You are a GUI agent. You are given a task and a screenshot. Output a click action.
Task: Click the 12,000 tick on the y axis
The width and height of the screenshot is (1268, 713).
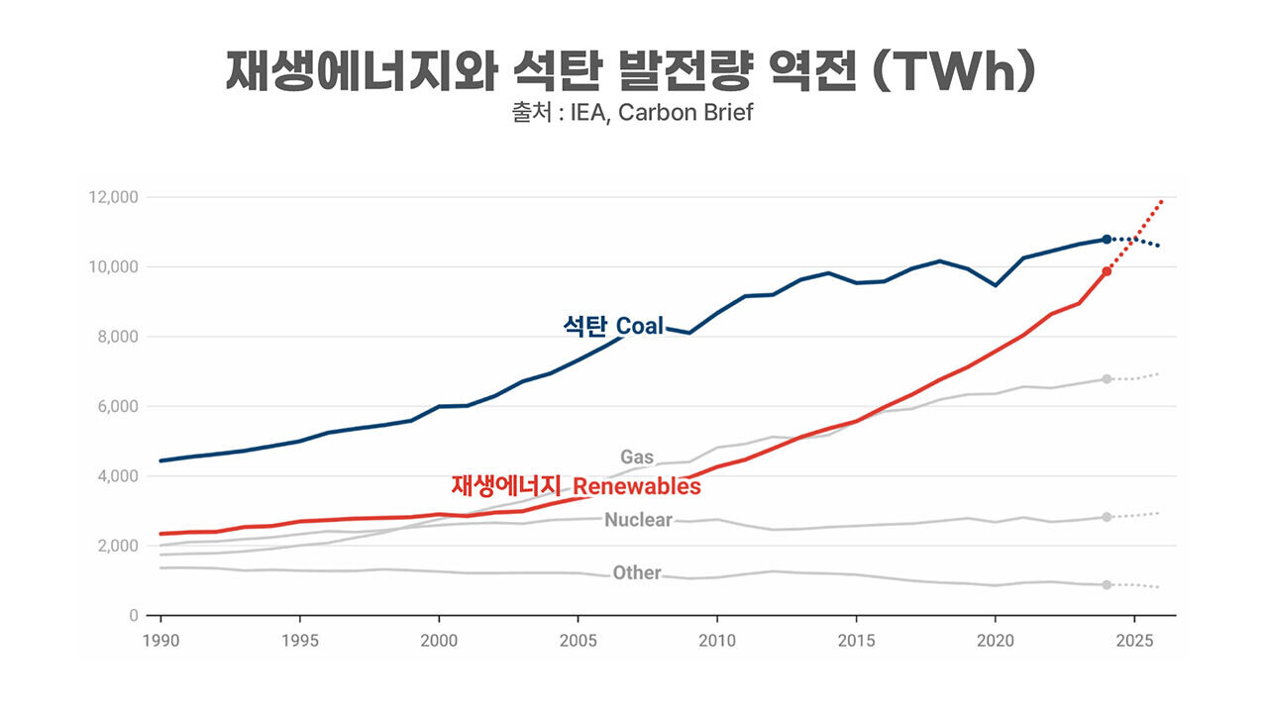tap(113, 198)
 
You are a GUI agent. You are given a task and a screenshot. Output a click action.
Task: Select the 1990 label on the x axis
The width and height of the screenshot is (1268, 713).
tap(160, 640)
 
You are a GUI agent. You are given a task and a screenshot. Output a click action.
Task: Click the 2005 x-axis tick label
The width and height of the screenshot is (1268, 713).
tap(580, 640)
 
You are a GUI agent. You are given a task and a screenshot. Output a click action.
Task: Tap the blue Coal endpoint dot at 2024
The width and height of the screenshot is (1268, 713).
tap(1107, 240)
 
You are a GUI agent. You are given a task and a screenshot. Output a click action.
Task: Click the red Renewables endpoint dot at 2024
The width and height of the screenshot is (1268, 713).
tap(1107, 270)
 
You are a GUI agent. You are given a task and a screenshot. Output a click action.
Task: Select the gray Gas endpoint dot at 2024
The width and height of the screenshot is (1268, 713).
tap(1107, 379)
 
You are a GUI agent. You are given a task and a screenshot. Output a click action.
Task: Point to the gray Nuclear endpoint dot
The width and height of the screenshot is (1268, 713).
tap(1107, 517)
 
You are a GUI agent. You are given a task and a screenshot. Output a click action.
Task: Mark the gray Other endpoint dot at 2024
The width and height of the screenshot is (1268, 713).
tap(1107, 584)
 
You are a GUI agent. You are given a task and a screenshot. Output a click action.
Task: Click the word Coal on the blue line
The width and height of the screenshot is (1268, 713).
tap(640, 327)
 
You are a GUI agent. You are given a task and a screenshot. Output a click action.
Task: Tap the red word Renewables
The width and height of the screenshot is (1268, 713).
tap(637, 486)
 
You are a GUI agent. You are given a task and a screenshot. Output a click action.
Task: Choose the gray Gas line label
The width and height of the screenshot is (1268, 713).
tap(637, 458)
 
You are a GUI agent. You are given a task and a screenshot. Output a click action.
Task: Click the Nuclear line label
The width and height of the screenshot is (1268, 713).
tap(638, 520)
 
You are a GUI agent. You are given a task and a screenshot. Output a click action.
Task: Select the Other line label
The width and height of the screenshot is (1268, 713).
tap(636, 572)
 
